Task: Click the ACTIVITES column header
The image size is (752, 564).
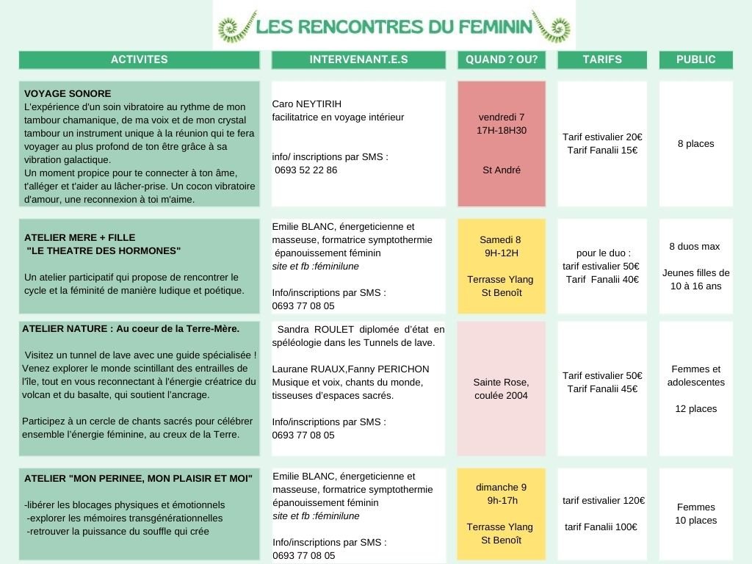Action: pos(139,59)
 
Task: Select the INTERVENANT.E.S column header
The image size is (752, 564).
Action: pos(358,59)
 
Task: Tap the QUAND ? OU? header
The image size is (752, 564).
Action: pos(502,59)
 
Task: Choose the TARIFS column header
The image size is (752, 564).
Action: pos(602,59)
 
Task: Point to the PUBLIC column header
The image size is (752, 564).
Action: pos(695,59)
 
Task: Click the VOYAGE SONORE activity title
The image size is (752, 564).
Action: pos(68,94)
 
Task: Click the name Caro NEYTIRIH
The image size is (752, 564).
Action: pos(306,104)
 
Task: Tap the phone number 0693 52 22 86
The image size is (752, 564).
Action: pos(306,170)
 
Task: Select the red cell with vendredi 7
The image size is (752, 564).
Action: pos(502,143)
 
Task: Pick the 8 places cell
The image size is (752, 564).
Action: pos(695,144)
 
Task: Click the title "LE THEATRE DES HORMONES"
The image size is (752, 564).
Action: pos(104,251)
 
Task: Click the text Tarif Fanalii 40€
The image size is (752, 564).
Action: pos(602,279)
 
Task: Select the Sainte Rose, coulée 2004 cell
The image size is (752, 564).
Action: pos(502,388)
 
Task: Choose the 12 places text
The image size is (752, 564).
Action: pos(695,409)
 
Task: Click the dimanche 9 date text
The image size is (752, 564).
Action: pos(502,487)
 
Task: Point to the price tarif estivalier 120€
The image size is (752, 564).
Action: pos(604,501)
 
